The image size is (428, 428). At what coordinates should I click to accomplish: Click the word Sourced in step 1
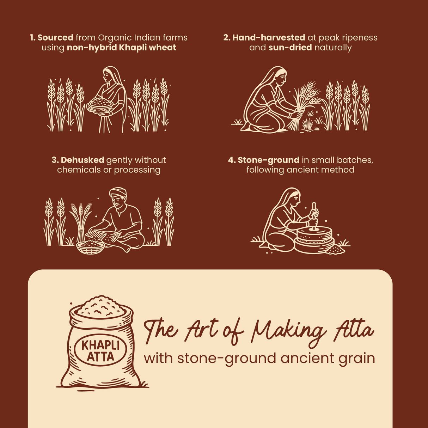55,38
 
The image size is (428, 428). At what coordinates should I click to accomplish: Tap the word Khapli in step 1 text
133,48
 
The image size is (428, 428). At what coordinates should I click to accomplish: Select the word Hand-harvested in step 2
269,38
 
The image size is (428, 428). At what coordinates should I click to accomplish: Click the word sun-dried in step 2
290,48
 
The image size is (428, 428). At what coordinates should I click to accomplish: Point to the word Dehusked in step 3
82,160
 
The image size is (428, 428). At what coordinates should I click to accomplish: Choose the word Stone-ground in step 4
268,160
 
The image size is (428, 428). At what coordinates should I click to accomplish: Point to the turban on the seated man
118,192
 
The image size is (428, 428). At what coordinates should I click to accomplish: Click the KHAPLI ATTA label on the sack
100,350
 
